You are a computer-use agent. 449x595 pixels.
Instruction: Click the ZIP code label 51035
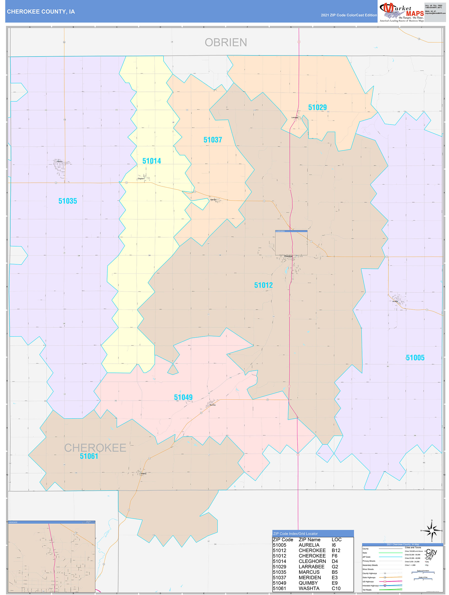68,201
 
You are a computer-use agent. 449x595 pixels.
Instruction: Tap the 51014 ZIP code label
152,161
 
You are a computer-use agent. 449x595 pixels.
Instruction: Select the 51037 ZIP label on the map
213,140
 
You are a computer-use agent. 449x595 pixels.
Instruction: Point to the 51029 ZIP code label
317,107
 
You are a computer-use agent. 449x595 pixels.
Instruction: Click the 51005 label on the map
415,358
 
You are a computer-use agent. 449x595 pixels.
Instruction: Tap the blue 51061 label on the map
89,456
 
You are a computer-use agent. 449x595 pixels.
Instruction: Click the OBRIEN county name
226,43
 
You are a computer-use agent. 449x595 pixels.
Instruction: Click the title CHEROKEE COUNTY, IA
41,12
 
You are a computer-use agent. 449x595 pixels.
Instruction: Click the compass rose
432,531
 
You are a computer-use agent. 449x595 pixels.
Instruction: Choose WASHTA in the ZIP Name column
309,588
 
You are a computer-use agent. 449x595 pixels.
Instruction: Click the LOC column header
336,540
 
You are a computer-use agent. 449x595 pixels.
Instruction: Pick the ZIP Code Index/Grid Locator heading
296,534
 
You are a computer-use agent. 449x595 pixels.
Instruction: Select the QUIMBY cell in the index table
308,583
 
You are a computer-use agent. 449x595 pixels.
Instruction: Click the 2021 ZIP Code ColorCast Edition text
349,15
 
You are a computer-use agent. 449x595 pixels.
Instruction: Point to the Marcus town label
60,162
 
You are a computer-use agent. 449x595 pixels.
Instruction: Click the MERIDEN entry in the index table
310,578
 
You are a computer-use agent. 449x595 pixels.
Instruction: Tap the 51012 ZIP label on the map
263,285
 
